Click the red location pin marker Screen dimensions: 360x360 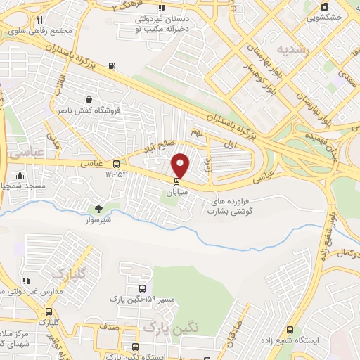pyautogui.click(x=181, y=165)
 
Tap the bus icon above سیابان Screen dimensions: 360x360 pyautogui.click(x=176, y=181)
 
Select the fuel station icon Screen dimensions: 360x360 pyautogui.click(x=112, y=67)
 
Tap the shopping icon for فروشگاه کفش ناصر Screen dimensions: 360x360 pyautogui.click(x=88, y=100)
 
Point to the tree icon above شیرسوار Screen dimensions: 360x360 pyautogui.click(x=98, y=208)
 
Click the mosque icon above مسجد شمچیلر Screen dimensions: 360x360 pyautogui.click(x=20, y=176)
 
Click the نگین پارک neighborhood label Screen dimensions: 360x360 pyautogui.click(x=171, y=327)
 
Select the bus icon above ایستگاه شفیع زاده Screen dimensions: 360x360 pyautogui.click(x=290, y=330)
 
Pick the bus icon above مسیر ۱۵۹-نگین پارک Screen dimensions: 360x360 pyautogui.click(x=143, y=288)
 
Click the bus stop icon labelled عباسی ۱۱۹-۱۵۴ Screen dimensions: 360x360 pyautogui.click(x=116, y=163)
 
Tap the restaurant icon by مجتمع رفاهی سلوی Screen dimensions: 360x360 pyautogui.click(x=40, y=20)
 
